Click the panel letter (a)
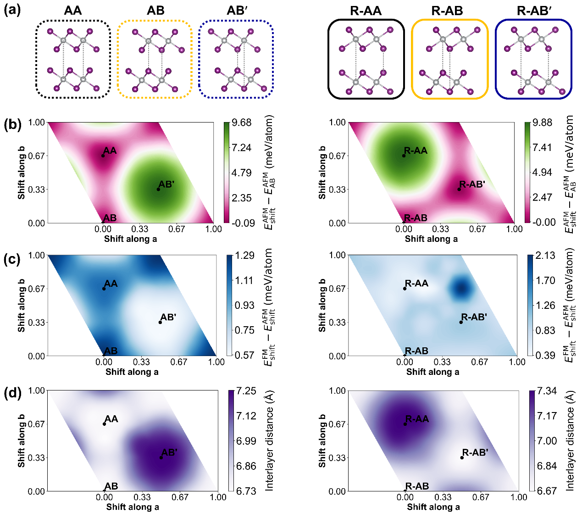12,10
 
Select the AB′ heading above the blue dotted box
237,11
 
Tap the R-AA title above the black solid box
366,11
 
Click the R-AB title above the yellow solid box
448,11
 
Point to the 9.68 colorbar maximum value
242,123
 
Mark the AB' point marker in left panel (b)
158,189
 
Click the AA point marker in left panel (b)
103,156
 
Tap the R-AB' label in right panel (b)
472,184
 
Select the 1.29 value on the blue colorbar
245,256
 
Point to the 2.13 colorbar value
545,256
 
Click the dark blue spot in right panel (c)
461,288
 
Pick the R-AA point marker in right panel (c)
405,289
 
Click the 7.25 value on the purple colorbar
246,391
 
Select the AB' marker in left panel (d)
161,457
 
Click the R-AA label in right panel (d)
417,419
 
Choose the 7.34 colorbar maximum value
547,391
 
